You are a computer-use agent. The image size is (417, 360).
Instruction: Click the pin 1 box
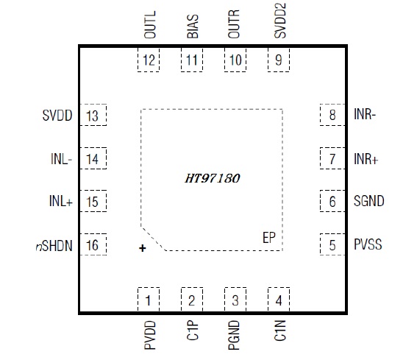[x=149, y=300]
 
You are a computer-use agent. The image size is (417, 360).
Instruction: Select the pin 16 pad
[x=93, y=244]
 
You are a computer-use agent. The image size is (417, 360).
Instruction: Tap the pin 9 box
[x=279, y=60]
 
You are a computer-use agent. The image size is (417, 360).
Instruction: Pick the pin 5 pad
[x=332, y=244]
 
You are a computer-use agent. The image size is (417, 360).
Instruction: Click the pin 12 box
[x=149, y=60]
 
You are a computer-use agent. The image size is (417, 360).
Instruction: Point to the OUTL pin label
[x=150, y=24]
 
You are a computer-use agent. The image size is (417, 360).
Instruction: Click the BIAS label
[x=193, y=27]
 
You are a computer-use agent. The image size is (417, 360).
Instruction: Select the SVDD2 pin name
[x=279, y=21]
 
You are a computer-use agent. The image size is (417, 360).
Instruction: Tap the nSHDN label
[x=54, y=245]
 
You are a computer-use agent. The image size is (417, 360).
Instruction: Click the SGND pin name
[x=369, y=201]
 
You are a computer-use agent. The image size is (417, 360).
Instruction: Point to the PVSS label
[x=368, y=244]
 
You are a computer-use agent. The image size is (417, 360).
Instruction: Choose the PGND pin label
[x=234, y=335]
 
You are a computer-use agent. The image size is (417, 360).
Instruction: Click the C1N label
[x=279, y=331]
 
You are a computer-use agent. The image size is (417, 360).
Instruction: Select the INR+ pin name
[x=366, y=159]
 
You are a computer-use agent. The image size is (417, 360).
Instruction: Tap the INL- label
[x=62, y=159]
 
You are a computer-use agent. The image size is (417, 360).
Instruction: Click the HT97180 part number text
[x=213, y=178]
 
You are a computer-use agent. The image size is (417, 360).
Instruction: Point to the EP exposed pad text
[x=269, y=238]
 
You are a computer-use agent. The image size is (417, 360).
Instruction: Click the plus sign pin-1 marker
[x=143, y=248]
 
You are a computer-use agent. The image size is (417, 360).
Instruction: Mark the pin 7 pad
[x=332, y=158]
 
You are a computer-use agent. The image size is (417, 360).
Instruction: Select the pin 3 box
[x=235, y=300]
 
